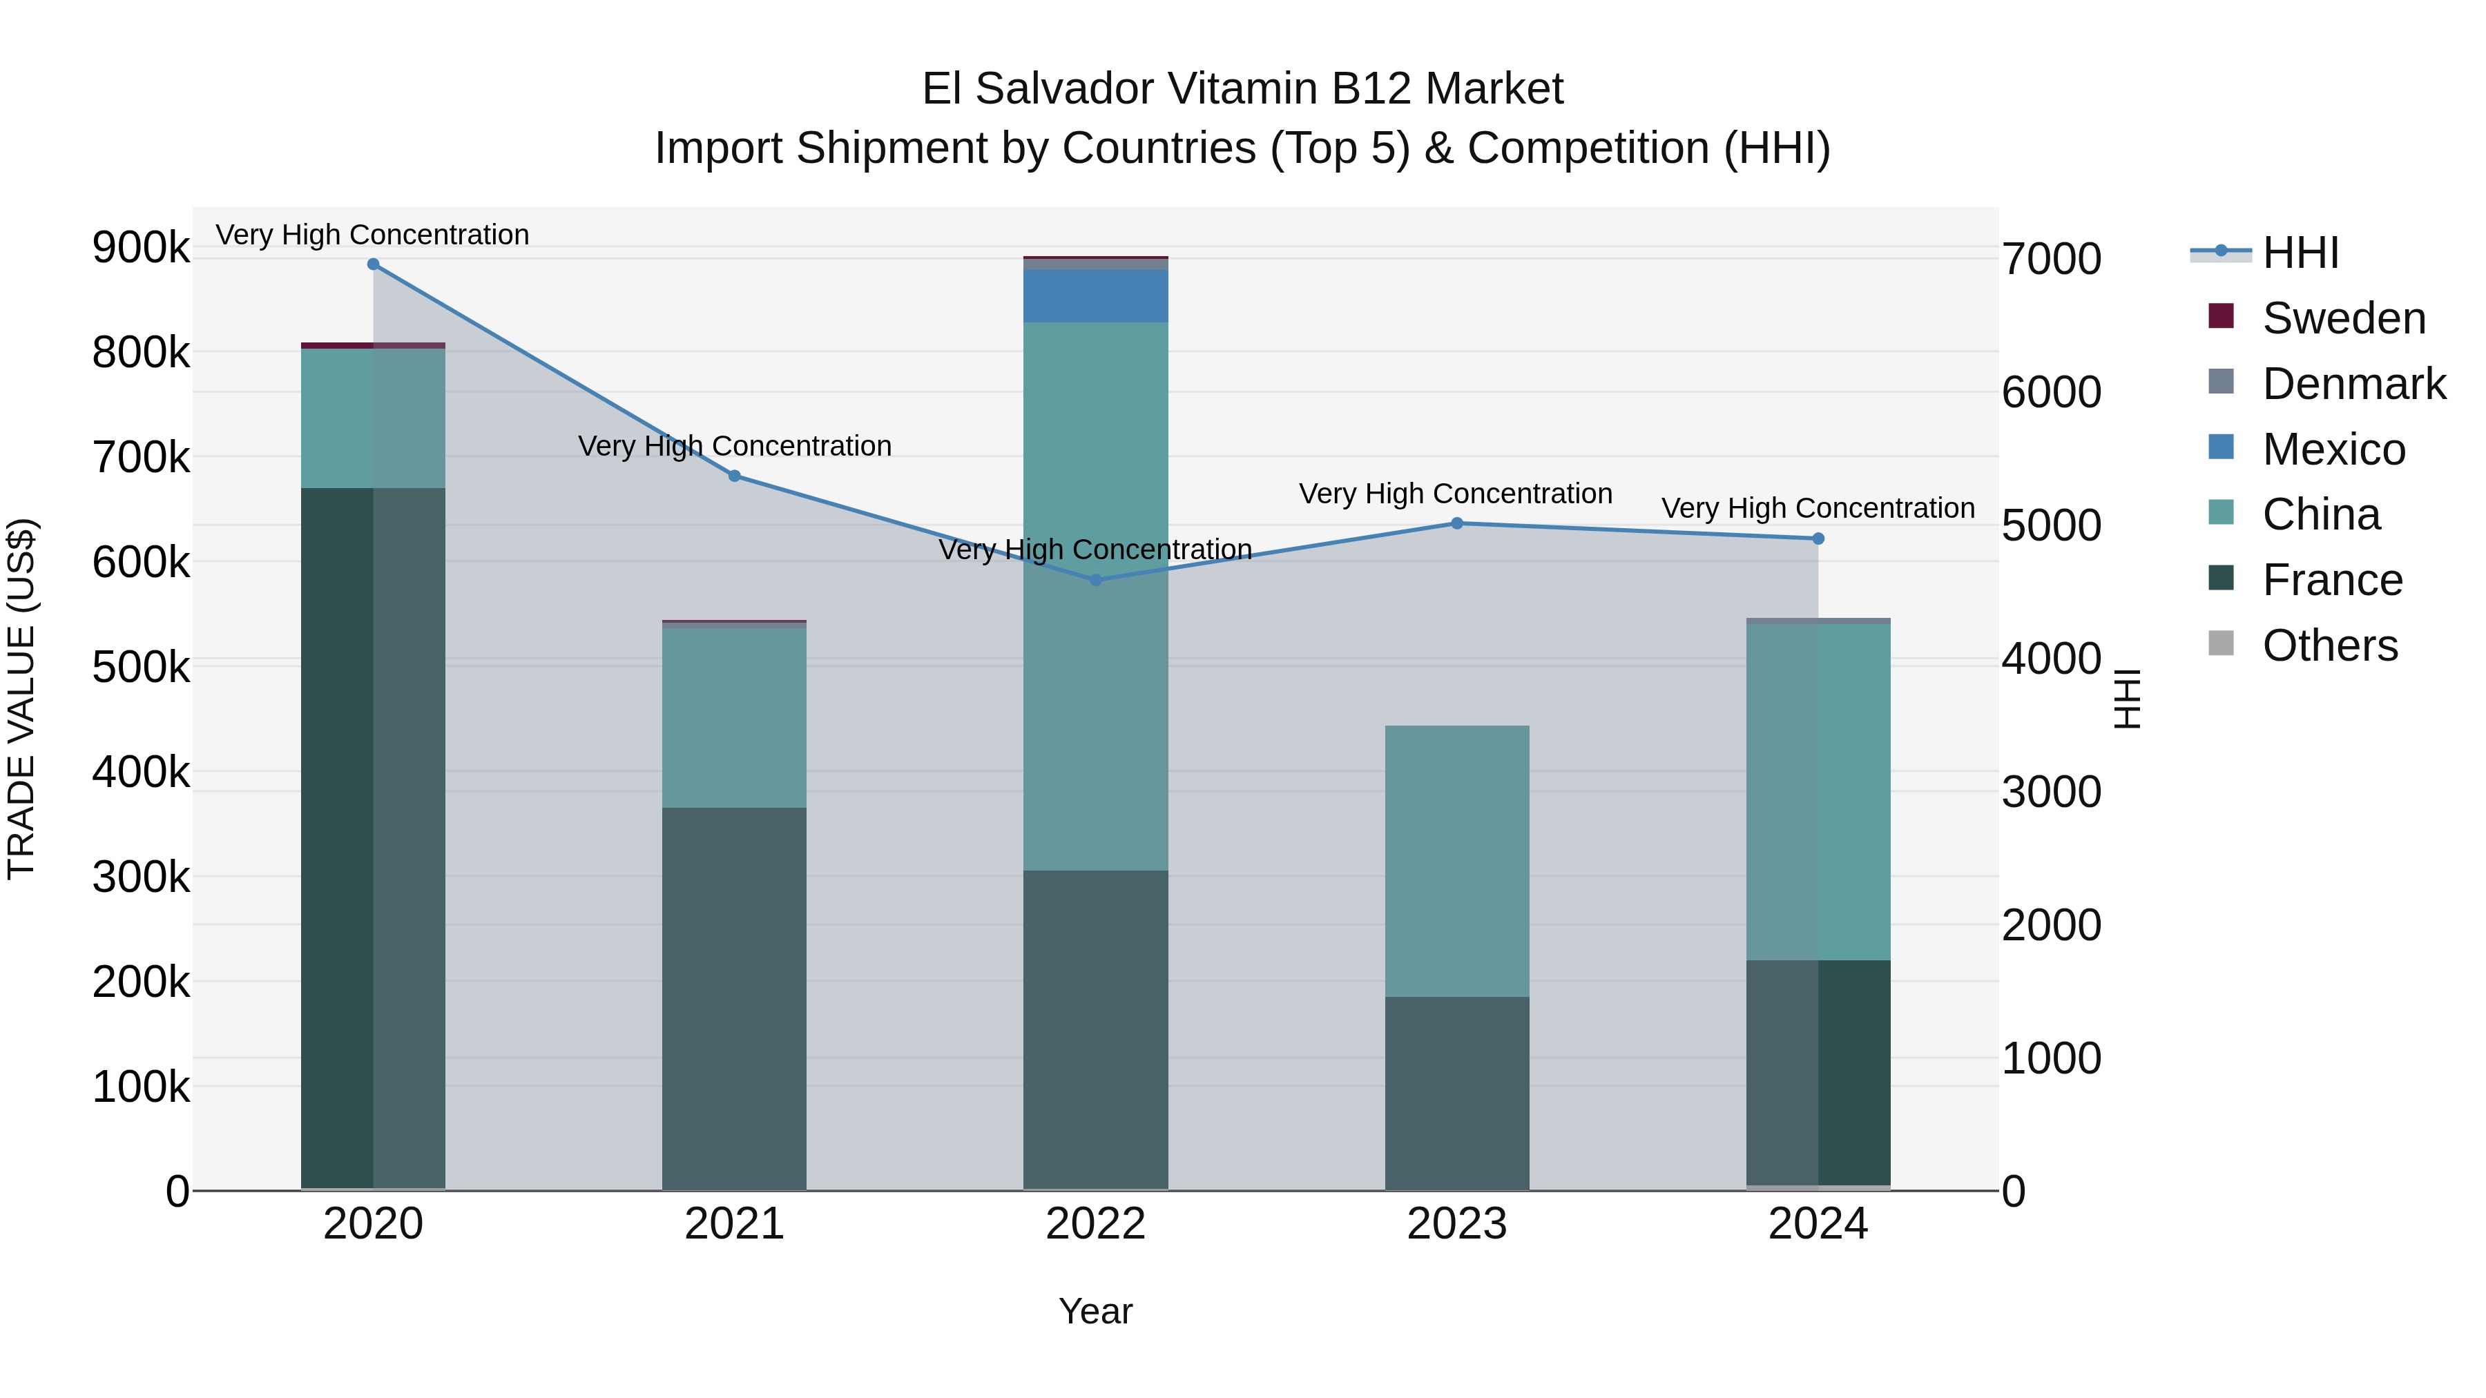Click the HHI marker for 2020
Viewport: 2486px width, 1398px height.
pyautogui.click(x=374, y=264)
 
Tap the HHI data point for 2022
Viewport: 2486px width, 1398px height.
pyautogui.click(x=1095, y=580)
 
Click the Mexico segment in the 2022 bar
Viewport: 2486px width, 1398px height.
pyautogui.click(x=1095, y=296)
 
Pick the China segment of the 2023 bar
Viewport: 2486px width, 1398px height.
pyautogui.click(x=1457, y=861)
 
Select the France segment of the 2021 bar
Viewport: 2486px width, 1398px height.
pyautogui.click(x=735, y=998)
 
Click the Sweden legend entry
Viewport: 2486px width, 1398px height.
pyautogui.click(x=2343, y=318)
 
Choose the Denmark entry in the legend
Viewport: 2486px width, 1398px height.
pyautogui.click(x=2353, y=384)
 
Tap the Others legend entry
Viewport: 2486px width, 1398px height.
pyautogui.click(x=2330, y=645)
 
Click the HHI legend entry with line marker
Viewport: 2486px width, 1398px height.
pyautogui.click(x=2300, y=253)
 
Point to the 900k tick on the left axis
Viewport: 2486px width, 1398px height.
pyautogui.click(x=141, y=248)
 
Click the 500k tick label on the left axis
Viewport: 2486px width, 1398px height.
pyautogui.click(x=141, y=667)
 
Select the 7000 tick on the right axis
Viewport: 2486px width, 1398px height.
pyautogui.click(x=2052, y=260)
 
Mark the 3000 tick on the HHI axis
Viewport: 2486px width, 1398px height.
pyautogui.click(x=2052, y=792)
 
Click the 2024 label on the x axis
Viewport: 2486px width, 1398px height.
pyautogui.click(x=1818, y=1224)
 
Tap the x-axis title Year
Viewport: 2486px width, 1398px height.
pyautogui.click(x=1095, y=1311)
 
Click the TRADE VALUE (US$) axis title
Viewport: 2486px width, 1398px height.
pyautogui.click(x=21, y=699)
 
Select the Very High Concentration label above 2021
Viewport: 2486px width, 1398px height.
pyautogui.click(x=735, y=446)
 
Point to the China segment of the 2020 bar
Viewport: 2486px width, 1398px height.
pyautogui.click(x=374, y=419)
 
